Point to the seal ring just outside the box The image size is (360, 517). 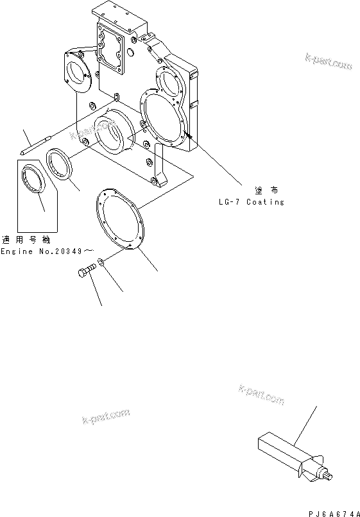[60, 164]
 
